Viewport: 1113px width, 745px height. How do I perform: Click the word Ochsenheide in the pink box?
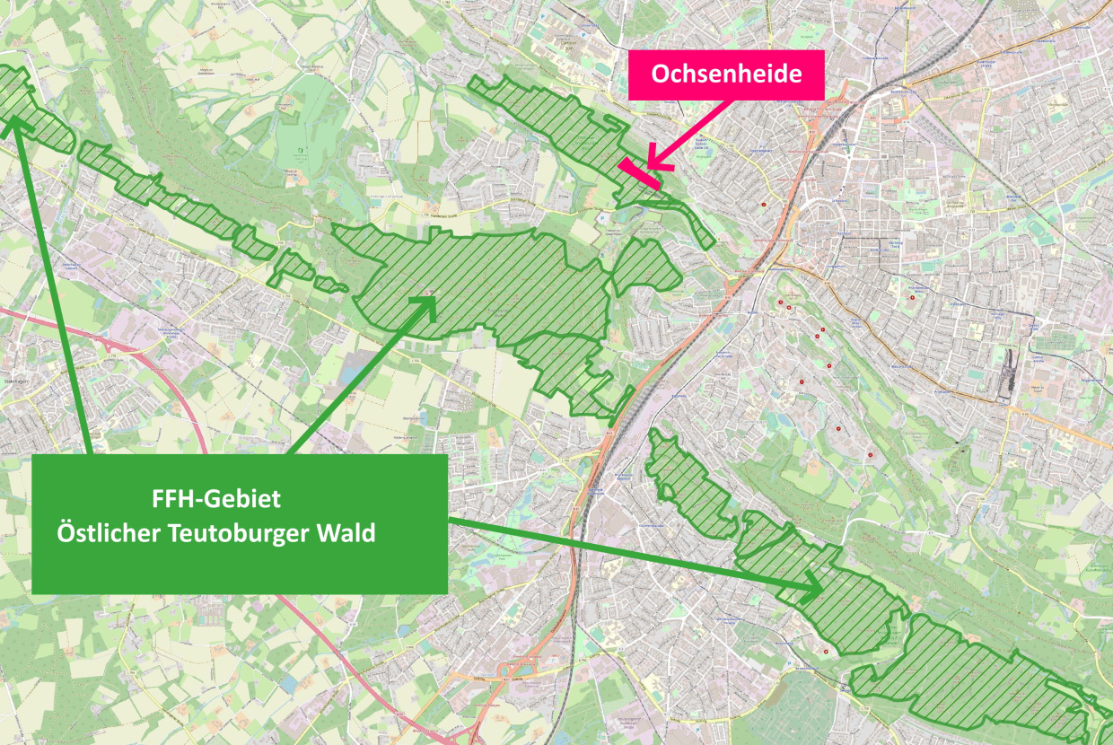click(x=726, y=74)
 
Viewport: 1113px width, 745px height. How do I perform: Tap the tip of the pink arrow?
click(x=649, y=166)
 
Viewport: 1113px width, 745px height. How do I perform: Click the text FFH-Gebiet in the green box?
click(x=215, y=499)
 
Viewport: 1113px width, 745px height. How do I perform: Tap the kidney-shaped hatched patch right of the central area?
click(x=644, y=265)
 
